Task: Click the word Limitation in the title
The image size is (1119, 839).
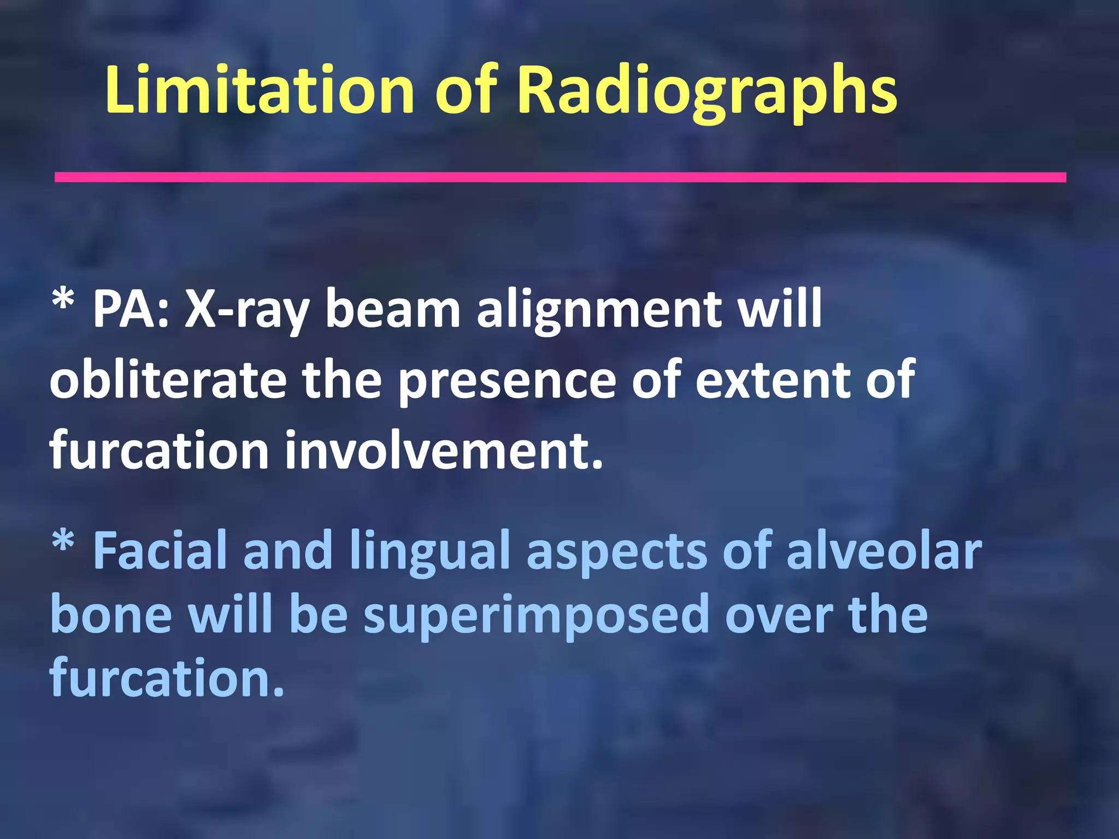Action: (259, 91)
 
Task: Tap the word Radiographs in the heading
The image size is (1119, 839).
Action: (707, 91)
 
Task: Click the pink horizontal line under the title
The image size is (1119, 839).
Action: (560, 177)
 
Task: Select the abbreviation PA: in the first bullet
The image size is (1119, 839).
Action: (131, 310)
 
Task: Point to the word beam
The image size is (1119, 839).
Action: (393, 310)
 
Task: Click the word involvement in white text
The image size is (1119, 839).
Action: (443, 451)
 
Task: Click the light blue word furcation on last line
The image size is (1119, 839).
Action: (166, 678)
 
